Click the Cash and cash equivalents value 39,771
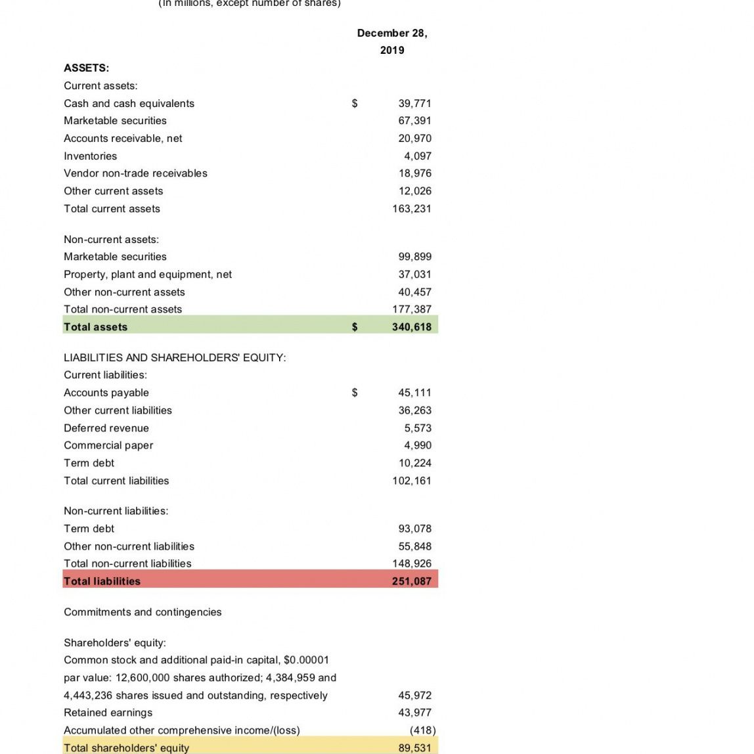pyautogui.click(x=414, y=103)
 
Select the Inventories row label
pyautogui.click(x=90, y=156)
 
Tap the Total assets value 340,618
pyautogui.click(x=412, y=326)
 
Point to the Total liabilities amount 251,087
pyautogui.click(x=412, y=581)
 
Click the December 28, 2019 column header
pyautogui.click(x=392, y=41)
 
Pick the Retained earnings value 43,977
pyautogui.click(x=414, y=712)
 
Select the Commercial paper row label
pyautogui.click(x=108, y=445)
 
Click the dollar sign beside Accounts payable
pyautogui.click(x=355, y=392)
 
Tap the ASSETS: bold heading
pyautogui.click(x=86, y=68)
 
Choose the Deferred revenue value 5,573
pyautogui.click(x=418, y=428)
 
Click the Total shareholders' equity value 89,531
pyautogui.click(x=414, y=747)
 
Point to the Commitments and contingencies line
pyautogui.click(x=143, y=611)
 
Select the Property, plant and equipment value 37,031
pyautogui.click(x=414, y=274)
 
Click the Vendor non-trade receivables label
pyautogui.click(x=135, y=173)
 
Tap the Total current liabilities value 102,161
pyautogui.click(x=412, y=480)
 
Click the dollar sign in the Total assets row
pyautogui.click(x=355, y=326)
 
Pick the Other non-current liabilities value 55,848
pyautogui.click(x=414, y=546)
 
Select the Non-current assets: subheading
pyautogui.click(x=111, y=239)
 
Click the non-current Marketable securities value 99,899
pyautogui.click(x=414, y=256)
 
